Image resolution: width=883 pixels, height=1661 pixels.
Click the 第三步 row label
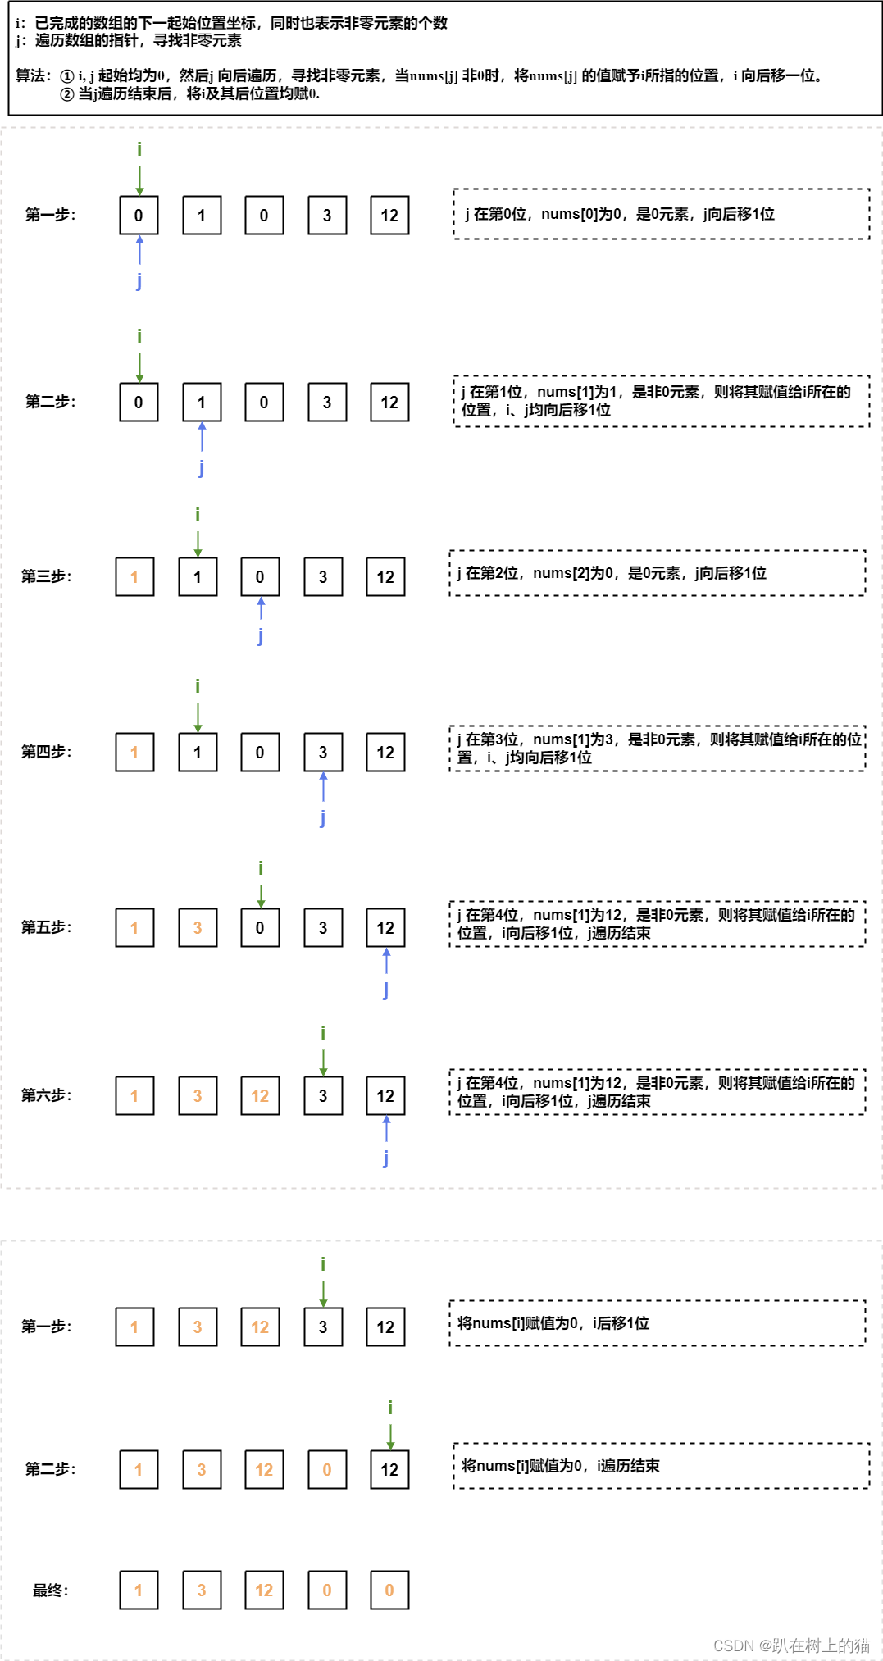pyautogui.click(x=46, y=576)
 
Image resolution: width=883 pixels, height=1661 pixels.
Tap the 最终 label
pyautogui.click(x=50, y=1590)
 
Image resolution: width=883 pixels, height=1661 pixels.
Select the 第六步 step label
pyautogui.click(x=46, y=1095)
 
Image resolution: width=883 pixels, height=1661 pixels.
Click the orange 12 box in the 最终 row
pyautogui.click(x=264, y=1590)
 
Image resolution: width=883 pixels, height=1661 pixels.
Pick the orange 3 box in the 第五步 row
pyautogui.click(x=198, y=928)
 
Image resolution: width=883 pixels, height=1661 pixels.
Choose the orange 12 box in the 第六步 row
pyautogui.click(x=260, y=1096)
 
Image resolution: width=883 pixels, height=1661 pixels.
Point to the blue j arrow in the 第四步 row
pyautogui.click(x=323, y=788)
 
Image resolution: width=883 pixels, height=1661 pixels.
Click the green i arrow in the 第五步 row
pyautogui.click(x=261, y=893)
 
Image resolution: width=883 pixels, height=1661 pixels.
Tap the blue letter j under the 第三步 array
pyautogui.click(x=261, y=635)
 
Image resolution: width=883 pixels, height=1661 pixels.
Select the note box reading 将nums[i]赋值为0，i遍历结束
pyautogui.click(x=661, y=1466)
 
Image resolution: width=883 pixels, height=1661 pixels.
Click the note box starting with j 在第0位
pyautogui.click(x=661, y=214)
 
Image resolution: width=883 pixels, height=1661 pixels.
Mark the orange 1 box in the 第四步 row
pyautogui.click(x=134, y=753)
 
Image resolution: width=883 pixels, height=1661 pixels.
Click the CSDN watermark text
pyautogui.click(x=791, y=1645)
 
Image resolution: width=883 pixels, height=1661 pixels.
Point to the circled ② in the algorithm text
pyautogui.click(x=67, y=94)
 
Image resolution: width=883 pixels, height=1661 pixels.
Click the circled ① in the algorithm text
pyautogui.click(x=67, y=76)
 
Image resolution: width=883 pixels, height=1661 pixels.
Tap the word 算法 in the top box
pyautogui.click(x=31, y=75)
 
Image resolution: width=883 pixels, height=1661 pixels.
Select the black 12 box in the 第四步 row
pyautogui.click(x=385, y=753)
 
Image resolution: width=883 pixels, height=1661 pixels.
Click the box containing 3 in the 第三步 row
pyautogui.click(x=323, y=577)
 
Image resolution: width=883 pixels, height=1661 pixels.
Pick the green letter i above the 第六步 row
pyautogui.click(x=323, y=1032)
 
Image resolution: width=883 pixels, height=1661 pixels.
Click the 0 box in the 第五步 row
pyautogui.click(x=260, y=928)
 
